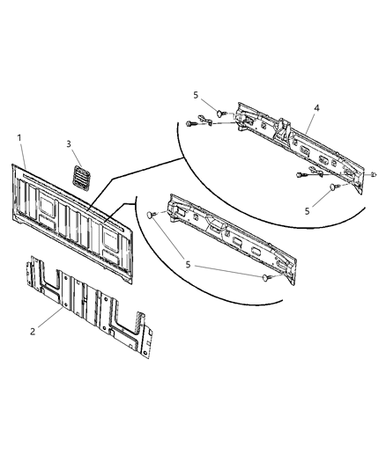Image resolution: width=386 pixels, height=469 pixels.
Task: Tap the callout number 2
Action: (x=33, y=331)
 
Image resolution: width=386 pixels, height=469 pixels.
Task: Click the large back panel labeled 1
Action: (x=75, y=216)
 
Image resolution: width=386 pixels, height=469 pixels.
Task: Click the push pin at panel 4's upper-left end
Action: (x=219, y=113)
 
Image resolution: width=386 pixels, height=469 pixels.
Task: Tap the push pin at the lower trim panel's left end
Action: (x=152, y=213)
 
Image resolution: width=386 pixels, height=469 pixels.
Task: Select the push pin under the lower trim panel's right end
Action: (x=265, y=279)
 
